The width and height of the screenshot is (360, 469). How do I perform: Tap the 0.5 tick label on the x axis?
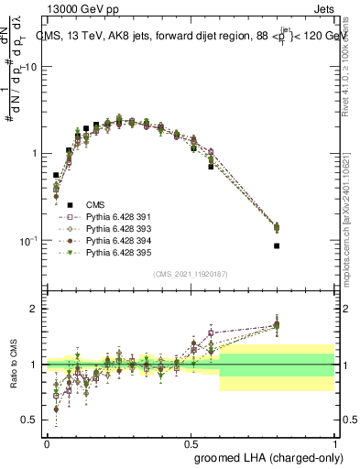(191, 442)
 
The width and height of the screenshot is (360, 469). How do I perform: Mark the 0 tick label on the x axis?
(47, 442)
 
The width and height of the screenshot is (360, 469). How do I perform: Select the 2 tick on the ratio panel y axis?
(35, 310)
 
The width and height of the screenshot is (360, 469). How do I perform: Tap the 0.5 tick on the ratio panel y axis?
(30, 420)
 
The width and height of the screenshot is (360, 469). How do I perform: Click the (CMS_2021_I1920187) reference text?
(190, 274)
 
